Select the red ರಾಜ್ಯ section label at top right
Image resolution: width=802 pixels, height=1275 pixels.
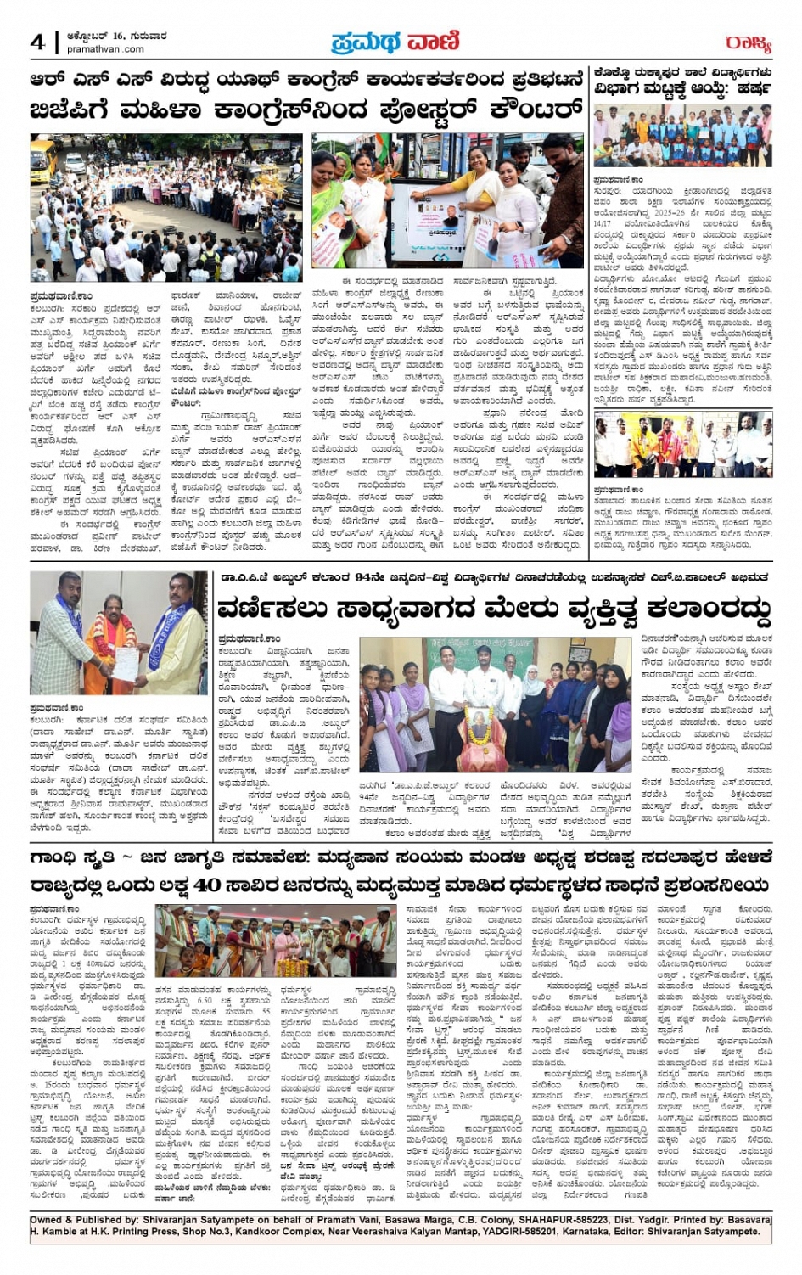pyautogui.click(x=749, y=42)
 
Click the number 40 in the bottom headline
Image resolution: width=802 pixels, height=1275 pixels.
pyautogui.click(x=207, y=885)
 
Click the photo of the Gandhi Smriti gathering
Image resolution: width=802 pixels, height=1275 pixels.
pyautogui.click(x=276, y=940)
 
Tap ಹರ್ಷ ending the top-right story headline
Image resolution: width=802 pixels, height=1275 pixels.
pyautogui.click(x=753, y=88)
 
